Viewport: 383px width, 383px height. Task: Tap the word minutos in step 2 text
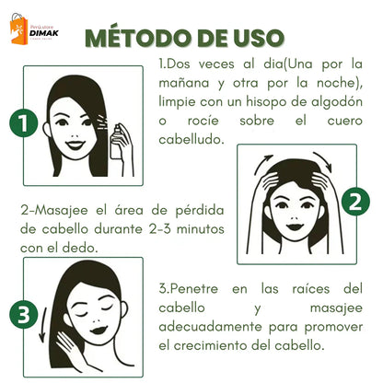point(185,227)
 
